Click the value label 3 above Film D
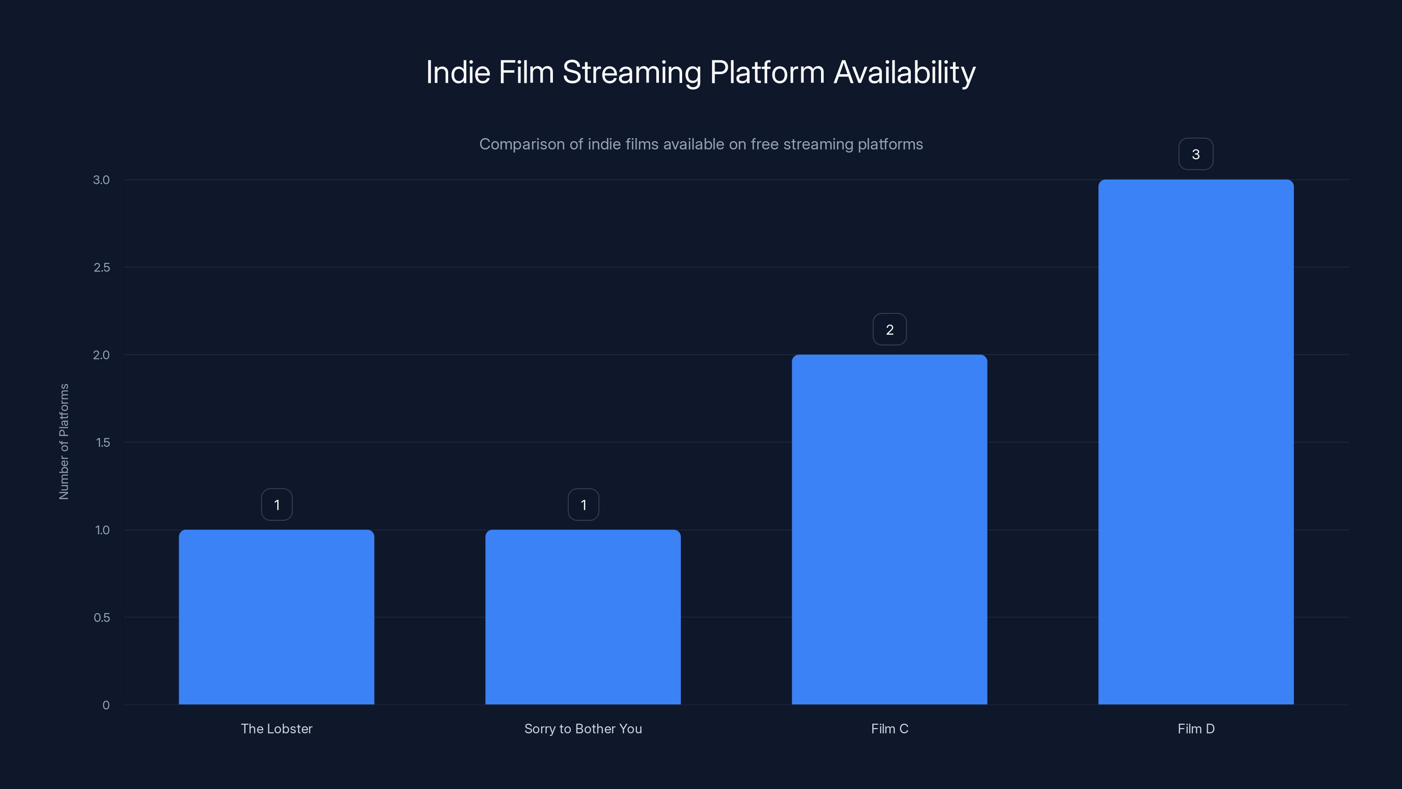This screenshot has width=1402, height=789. pos(1196,154)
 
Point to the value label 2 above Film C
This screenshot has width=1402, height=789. pos(889,330)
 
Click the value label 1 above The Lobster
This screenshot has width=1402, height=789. pos(276,505)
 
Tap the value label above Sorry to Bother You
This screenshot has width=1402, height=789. pos(583,505)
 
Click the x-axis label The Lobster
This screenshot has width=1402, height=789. pos(276,729)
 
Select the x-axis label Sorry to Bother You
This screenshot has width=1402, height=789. pos(583,729)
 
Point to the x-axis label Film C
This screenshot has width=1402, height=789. pos(889,729)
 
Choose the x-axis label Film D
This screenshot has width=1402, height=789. pos(1196,729)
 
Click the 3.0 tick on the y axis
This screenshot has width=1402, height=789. pos(101,180)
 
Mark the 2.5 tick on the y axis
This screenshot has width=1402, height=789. pos(101,267)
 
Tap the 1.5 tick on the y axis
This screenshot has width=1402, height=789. pos(103,442)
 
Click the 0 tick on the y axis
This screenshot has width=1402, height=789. pos(106,705)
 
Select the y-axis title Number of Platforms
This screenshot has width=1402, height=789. pos(64,441)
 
